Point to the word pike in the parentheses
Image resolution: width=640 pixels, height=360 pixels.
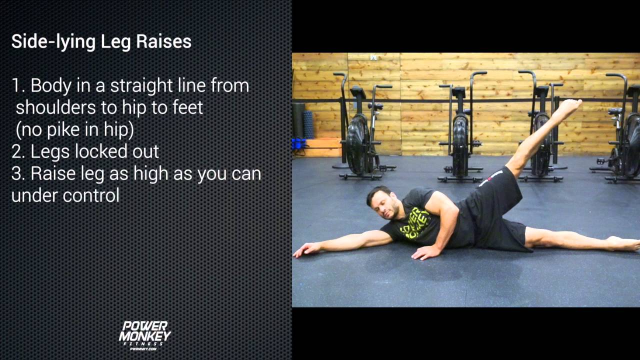click(x=73, y=129)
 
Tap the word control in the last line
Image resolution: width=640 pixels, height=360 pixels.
click(x=92, y=195)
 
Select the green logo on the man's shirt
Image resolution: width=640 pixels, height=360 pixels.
click(x=415, y=222)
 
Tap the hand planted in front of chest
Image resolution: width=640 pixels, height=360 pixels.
click(x=425, y=252)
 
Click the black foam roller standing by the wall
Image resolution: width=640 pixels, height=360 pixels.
click(x=299, y=120)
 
